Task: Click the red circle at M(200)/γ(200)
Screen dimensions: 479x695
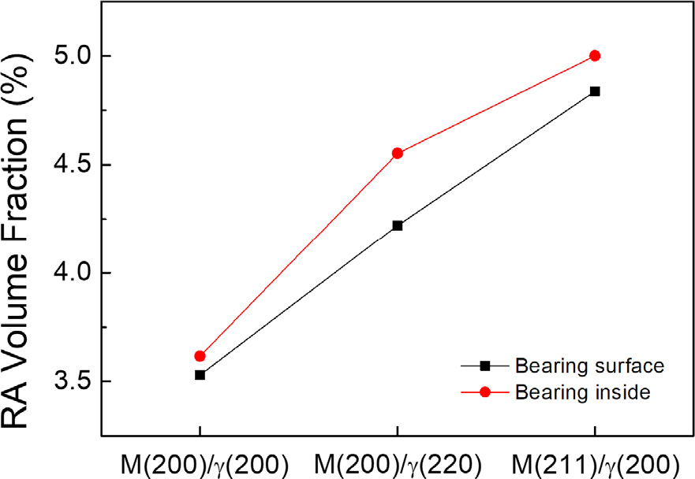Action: click(200, 356)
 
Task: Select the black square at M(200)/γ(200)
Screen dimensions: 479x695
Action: click(200, 375)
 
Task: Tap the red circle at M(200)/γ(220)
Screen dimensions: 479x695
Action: click(398, 153)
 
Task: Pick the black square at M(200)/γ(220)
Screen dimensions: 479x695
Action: click(398, 226)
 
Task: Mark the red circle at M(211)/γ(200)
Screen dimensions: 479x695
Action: click(595, 56)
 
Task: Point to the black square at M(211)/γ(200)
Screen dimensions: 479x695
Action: click(595, 91)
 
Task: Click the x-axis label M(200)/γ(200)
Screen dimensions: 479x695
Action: click(200, 462)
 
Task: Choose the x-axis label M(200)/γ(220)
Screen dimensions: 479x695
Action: click(398, 462)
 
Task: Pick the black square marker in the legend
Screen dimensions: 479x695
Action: click(484, 366)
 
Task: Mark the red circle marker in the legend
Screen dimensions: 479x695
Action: click(484, 392)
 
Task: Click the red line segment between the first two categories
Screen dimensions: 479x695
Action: click(299, 254)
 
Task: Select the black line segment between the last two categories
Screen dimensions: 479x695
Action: click(496, 158)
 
